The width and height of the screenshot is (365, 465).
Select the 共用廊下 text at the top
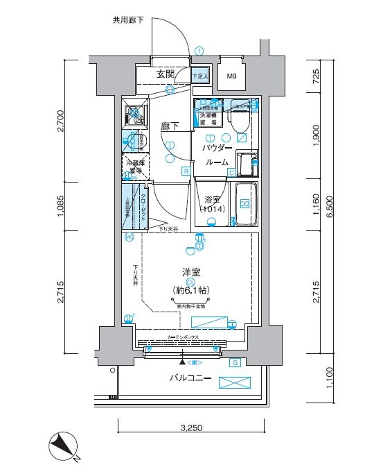tap(128, 20)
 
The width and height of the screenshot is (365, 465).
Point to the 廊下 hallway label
tap(170, 126)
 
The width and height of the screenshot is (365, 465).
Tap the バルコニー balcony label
tap(190, 378)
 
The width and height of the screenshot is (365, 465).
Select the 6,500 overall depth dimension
tap(335, 206)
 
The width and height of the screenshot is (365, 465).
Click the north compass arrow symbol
tap(63, 446)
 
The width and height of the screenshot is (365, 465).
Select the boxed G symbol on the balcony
tap(235, 362)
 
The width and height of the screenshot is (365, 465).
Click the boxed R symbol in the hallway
tap(186, 171)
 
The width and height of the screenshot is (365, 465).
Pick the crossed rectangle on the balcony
tap(234, 382)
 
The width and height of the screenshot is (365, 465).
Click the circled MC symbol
tap(130, 237)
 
